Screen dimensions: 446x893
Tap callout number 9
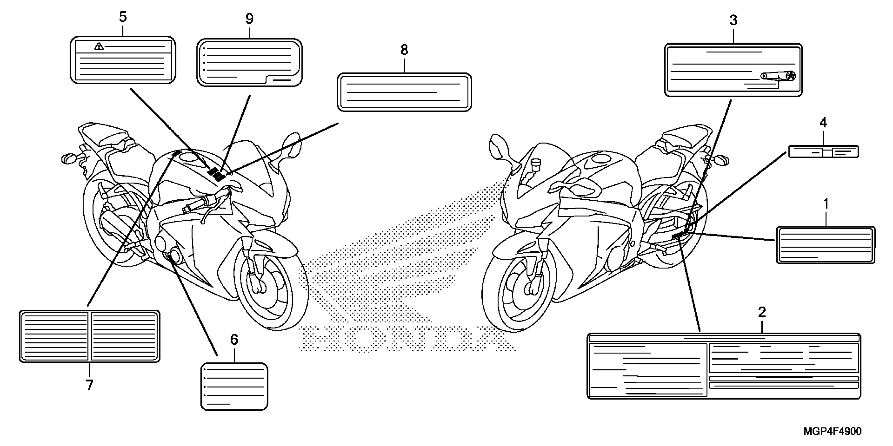tap(249, 19)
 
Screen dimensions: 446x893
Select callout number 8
tap(404, 50)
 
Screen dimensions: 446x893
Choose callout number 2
tap(762, 312)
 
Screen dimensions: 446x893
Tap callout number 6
tap(234, 340)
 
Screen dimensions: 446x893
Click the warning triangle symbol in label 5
tap(99, 46)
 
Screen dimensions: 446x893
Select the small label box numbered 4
tap(823, 152)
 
